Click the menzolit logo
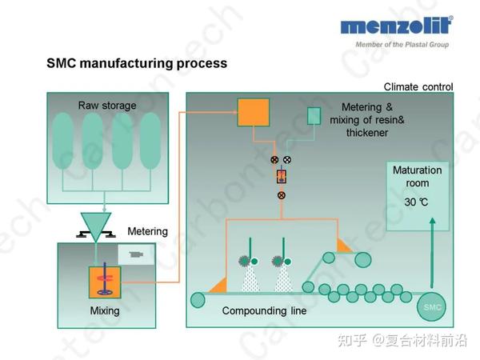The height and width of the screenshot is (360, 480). click(x=396, y=26)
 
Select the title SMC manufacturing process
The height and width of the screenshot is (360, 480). click(x=137, y=63)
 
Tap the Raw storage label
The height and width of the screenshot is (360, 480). click(x=107, y=106)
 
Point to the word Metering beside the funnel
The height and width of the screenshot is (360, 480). click(x=148, y=232)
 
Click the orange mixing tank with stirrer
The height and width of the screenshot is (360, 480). click(x=105, y=282)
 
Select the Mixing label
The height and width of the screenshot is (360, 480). click(x=105, y=311)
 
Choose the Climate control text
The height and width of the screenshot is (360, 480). click(x=418, y=86)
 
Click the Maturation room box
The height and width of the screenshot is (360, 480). click(x=417, y=186)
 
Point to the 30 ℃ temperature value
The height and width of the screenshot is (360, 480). click(x=416, y=202)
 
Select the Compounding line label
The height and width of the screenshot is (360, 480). click(x=264, y=310)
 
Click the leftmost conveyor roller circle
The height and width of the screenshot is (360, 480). click(x=198, y=300)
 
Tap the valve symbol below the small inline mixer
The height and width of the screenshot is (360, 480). click(x=281, y=194)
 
